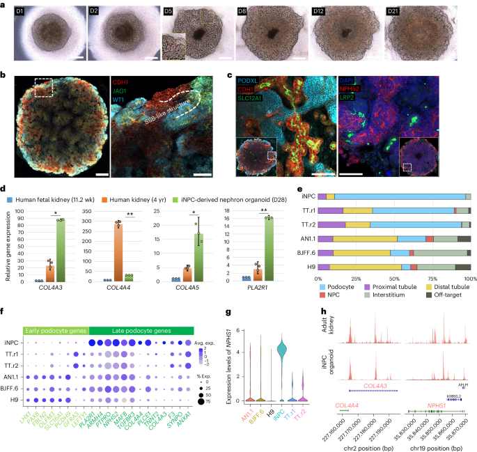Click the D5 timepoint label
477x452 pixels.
pos(169,13)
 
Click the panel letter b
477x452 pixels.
pos(5,72)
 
